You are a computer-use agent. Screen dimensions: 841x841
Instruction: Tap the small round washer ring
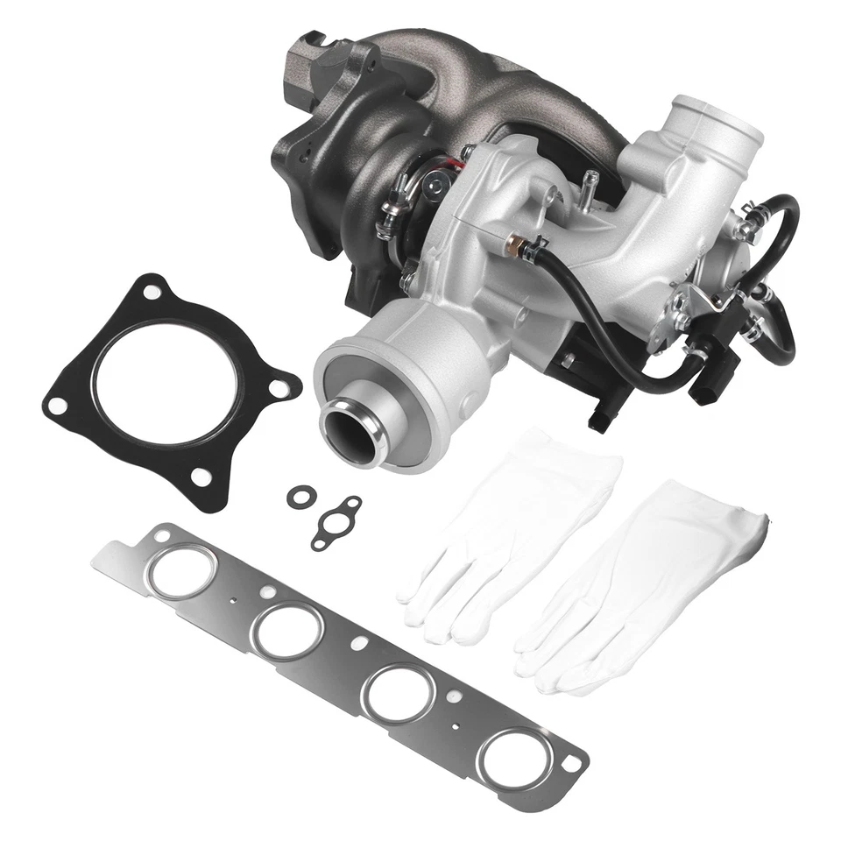tap(300, 497)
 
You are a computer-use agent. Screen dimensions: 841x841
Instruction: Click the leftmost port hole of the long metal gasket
tap(180, 571)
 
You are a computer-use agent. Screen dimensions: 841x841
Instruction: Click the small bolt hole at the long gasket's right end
tap(570, 764)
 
